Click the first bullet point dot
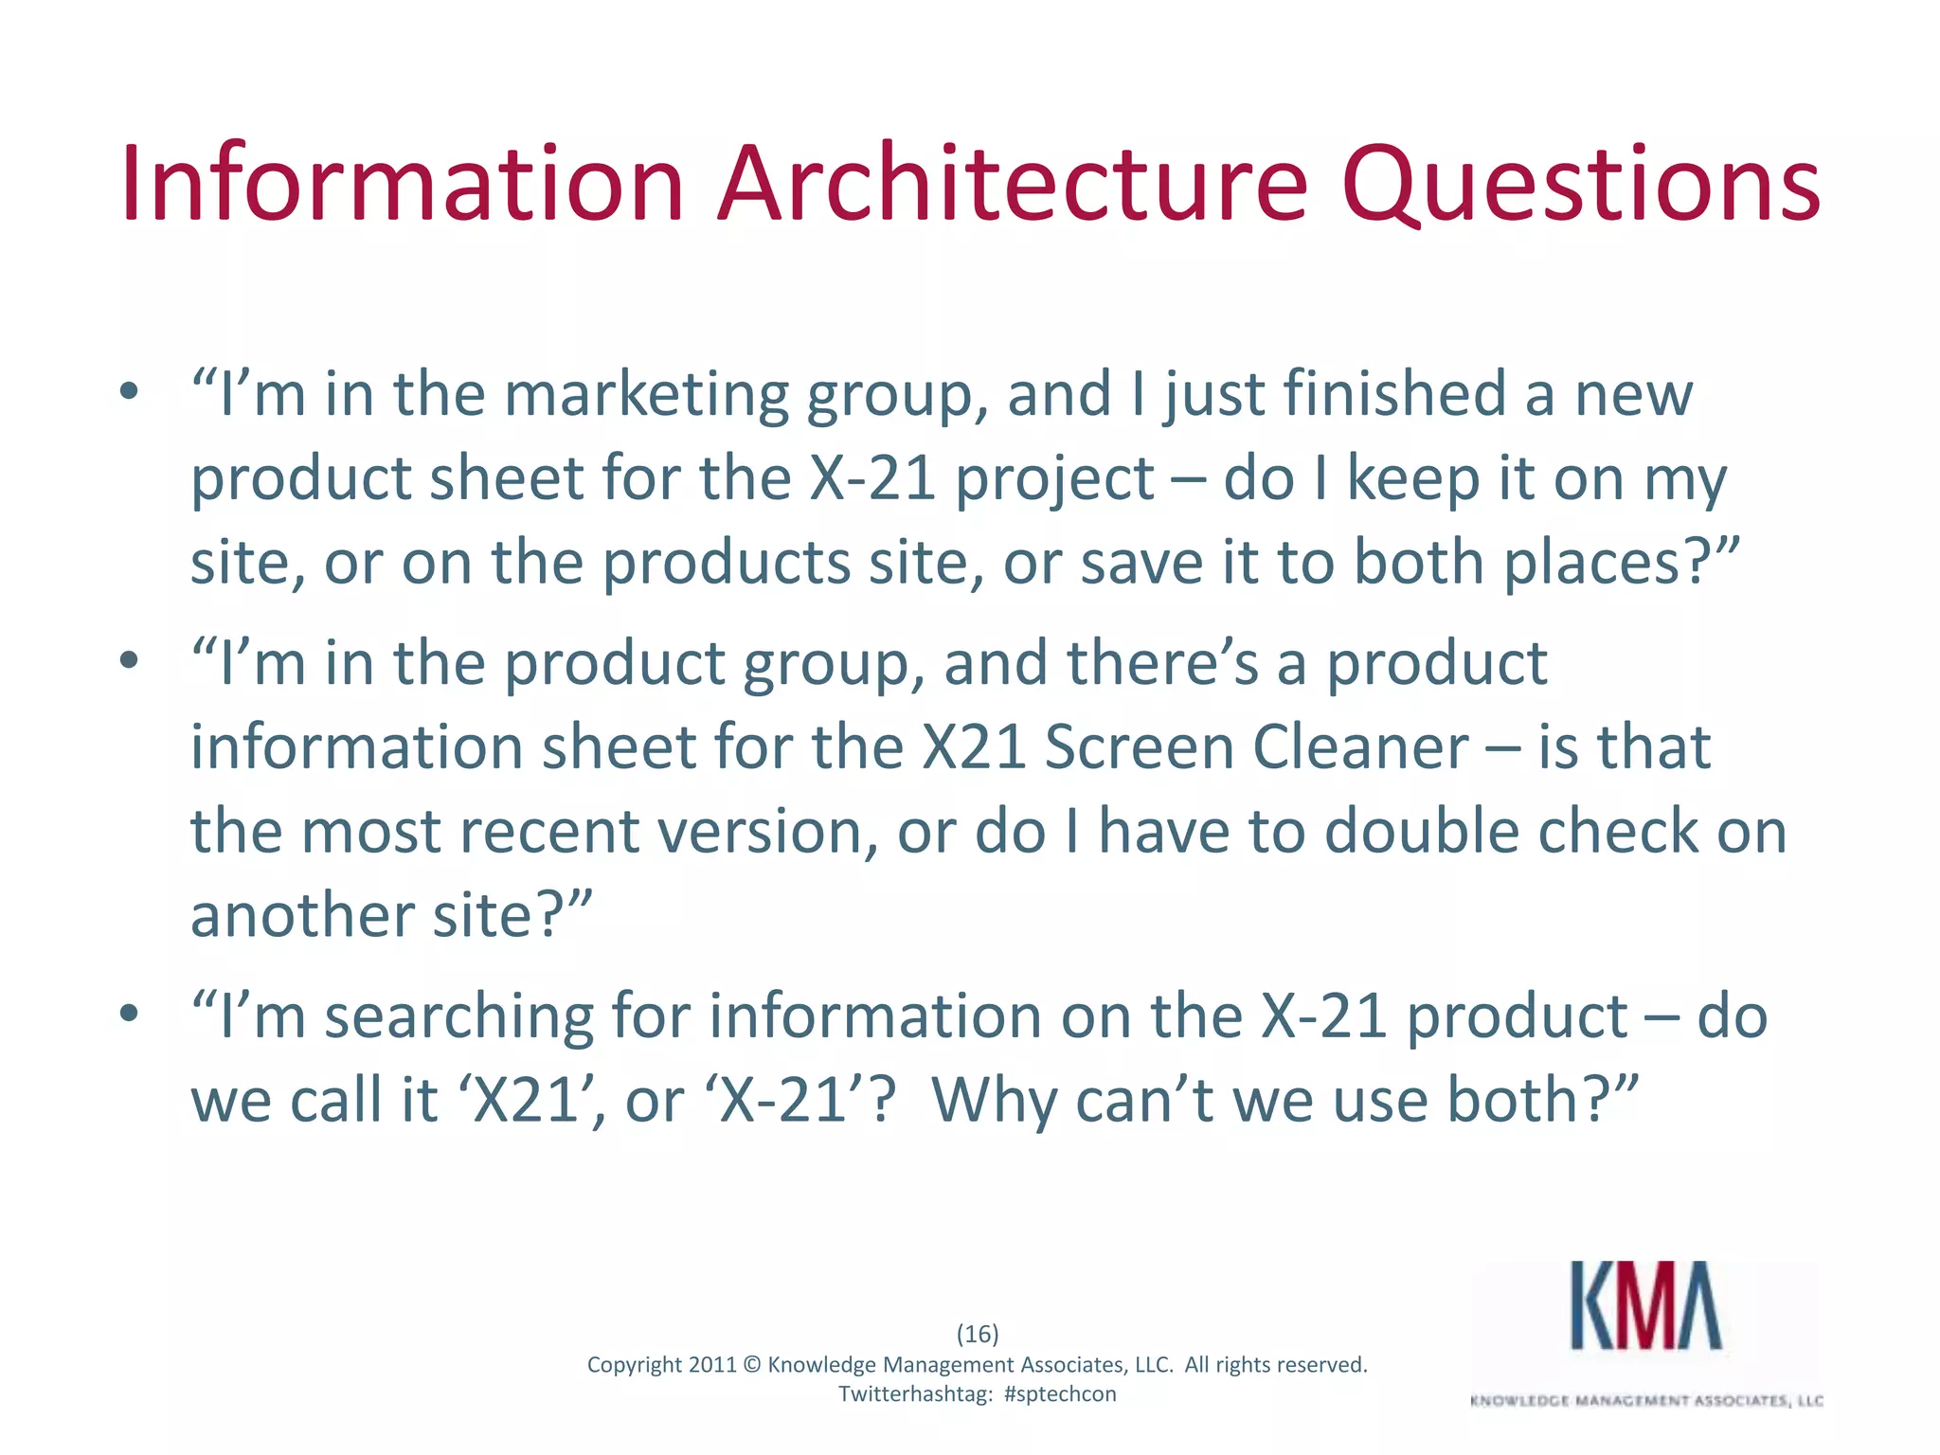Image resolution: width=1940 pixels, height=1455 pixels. coord(130,391)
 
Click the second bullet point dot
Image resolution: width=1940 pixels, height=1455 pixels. coord(130,660)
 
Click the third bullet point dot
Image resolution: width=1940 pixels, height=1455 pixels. coord(130,1014)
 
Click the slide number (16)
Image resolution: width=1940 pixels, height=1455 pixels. coord(978,1334)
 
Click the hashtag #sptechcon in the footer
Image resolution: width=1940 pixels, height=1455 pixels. coord(1059,1393)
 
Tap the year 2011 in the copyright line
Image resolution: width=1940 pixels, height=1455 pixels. coord(712,1364)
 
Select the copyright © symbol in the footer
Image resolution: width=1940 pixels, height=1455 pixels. coord(752,1364)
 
